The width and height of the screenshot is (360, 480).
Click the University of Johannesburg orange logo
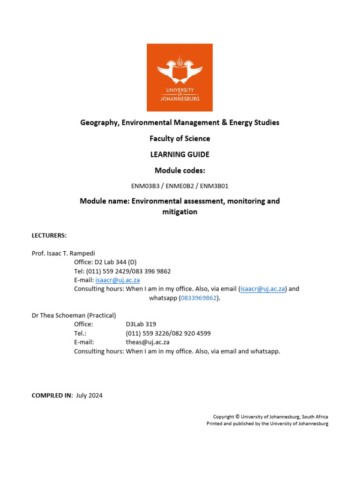[x=180, y=77]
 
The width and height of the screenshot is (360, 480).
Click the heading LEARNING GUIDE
[x=180, y=154]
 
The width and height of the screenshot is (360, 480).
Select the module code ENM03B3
[x=145, y=186]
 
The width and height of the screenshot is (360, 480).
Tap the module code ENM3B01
[x=214, y=186]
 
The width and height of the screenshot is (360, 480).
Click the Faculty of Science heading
[x=180, y=138]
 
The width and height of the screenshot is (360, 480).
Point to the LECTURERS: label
[x=49, y=235]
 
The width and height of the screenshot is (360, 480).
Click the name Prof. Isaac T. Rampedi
[x=63, y=253]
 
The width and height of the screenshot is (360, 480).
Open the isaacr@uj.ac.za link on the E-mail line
[x=118, y=280]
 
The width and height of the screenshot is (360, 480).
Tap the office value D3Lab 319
[x=141, y=324]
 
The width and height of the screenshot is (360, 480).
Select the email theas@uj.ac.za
[x=148, y=342]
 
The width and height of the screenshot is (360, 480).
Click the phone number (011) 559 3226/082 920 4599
[x=168, y=333]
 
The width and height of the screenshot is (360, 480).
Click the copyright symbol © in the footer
[x=238, y=416]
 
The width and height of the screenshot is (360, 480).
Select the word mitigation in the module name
[x=180, y=212]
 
